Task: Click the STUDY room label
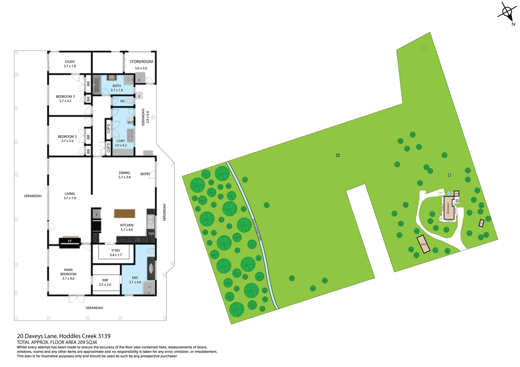pos(70,62)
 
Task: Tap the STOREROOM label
pos(141,62)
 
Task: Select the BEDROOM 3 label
pos(65,97)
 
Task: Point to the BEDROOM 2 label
pos(67,137)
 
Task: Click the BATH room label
pos(117,86)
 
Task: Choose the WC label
pos(123,101)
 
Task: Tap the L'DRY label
pos(121,141)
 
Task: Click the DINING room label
pos(125,173)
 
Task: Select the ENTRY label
pos(145,174)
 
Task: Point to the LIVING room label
pos(70,194)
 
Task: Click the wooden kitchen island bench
pos(125,213)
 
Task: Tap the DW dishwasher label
pos(151,233)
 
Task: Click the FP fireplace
pos(70,242)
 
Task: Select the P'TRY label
pos(116,251)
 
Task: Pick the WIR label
pos(105,280)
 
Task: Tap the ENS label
pos(135,278)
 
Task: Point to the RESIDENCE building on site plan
pos(449,207)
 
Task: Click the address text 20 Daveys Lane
pos(64,336)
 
